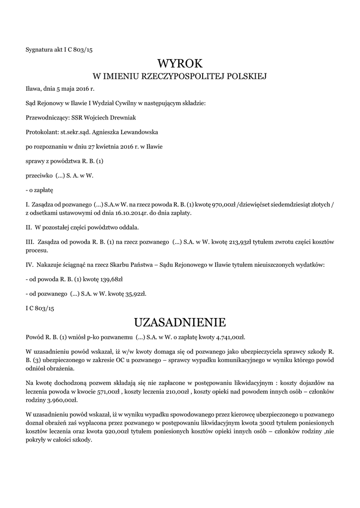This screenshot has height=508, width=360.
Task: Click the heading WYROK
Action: pos(180,63)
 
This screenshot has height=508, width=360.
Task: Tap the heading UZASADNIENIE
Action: pos(180,322)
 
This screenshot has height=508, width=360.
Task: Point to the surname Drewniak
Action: pos(121,118)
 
